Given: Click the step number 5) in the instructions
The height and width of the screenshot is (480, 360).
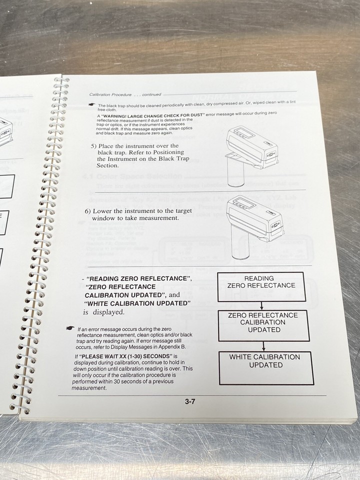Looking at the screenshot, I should coord(95,146).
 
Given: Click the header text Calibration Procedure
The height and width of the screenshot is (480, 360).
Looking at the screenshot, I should coord(109,94).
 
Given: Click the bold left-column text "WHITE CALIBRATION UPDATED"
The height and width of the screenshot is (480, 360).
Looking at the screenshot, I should coord(138,303).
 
